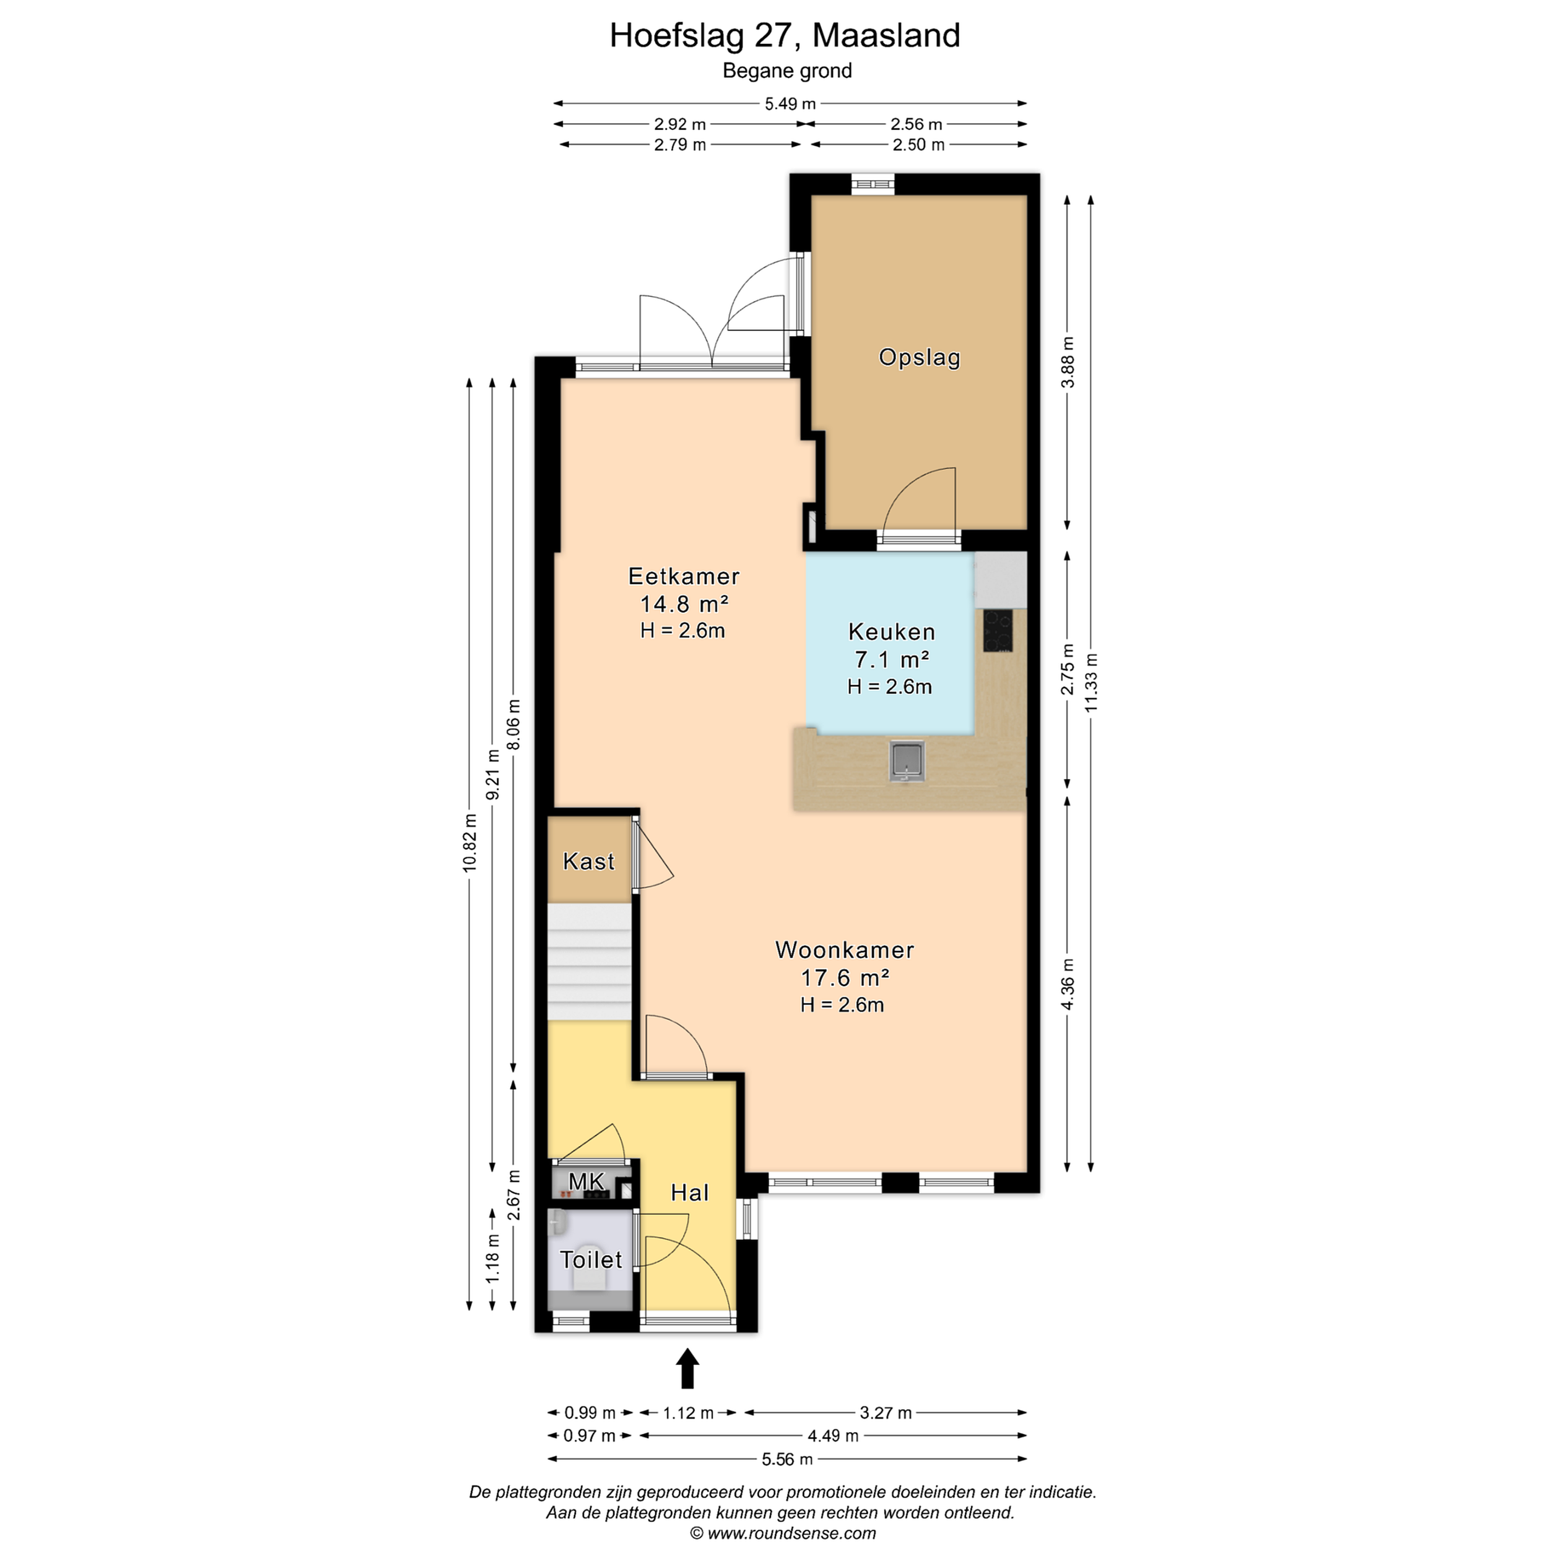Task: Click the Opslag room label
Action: click(x=920, y=357)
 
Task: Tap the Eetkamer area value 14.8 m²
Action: click(x=685, y=604)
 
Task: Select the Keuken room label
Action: click(x=892, y=632)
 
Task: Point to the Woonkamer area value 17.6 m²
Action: click(x=844, y=978)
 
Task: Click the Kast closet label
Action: click(x=589, y=862)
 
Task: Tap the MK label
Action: click(x=586, y=1182)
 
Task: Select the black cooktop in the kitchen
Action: click(x=997, y=630)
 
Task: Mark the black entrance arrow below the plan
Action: click(x=687, y=1368)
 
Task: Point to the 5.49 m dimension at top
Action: click(x=790, y=103)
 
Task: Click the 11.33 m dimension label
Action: click(x=1091, y=682)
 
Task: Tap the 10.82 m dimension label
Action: click(x=470, y=842)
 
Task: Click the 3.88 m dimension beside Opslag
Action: click(x=1068, y=362)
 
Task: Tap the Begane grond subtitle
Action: click(x=787, y=71)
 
